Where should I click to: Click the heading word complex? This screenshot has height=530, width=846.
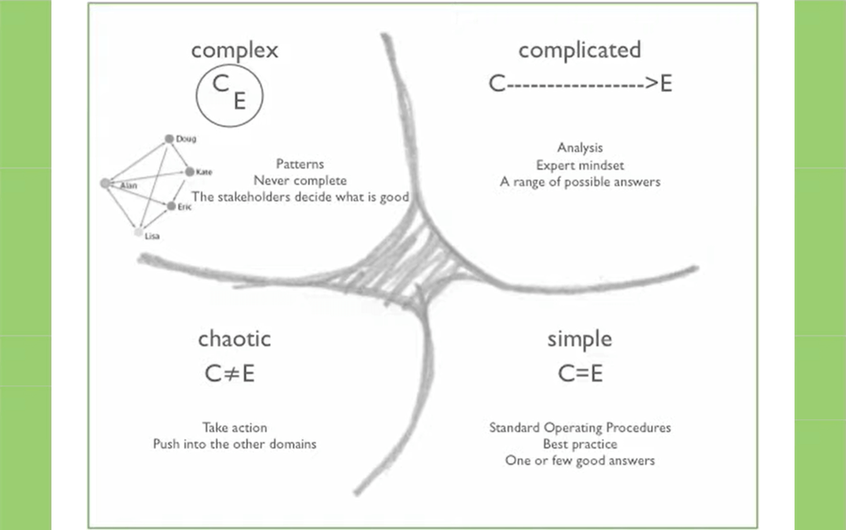pos(235,51)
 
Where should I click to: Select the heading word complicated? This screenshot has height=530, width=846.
pos(580,50)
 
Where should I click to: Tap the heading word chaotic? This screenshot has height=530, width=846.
pos(234,339)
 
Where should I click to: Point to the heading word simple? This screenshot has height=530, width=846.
pos(580,339)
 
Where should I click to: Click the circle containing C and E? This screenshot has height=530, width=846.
pos(229,93)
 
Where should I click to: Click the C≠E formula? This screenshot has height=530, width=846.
pos(230,374)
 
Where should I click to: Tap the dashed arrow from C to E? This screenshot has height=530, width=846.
pos(580,84)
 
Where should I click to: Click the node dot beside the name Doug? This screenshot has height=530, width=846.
pos(169,139)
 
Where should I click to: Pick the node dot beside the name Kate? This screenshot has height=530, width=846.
pos(189,171)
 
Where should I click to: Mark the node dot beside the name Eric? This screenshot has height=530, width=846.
pos(171,207)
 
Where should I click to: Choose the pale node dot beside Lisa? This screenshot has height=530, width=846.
pos(139,231)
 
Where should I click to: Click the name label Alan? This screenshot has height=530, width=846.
pos(129,185)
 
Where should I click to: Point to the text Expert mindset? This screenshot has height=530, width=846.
pos(580,165)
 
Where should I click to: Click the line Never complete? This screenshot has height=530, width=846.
pos(300,180)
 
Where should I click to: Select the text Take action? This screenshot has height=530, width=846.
pos(235,428)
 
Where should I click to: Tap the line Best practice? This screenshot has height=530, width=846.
pos(580,444)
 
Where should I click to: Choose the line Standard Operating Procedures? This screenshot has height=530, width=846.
pos(580,428)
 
